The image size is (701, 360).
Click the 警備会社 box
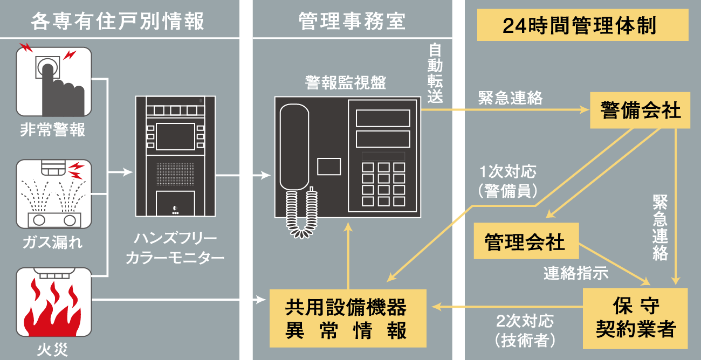(x=640, y=110)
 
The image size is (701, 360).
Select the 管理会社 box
(x=526, y=241)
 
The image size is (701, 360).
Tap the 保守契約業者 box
(x=635, y=319)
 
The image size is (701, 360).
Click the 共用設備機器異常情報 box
(x=348, y=318)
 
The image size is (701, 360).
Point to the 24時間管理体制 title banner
(x=582, y=25)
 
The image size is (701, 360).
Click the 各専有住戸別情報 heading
(x=118, y=21)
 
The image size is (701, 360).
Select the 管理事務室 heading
(x=352, y=21)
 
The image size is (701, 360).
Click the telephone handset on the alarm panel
(x=294, y=147)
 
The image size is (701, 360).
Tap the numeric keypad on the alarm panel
(x=383, y=184)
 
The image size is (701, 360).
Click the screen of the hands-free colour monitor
(x=175, y=137)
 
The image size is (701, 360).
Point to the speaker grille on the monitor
(x=175, y=174)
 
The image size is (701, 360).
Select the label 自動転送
(x=435, y=73)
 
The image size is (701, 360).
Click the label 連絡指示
(x=576, y=273)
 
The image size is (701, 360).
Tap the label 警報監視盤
(x=346, y=83)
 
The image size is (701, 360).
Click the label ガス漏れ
(x=53, y=243)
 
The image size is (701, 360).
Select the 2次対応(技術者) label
(x=525, y=330)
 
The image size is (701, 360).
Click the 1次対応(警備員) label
(x=507, y=181)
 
